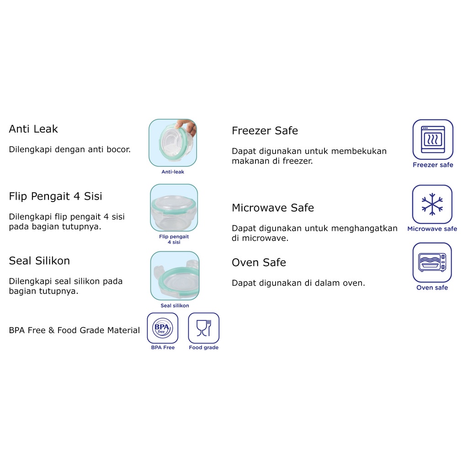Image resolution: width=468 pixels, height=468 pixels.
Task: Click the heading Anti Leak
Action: click(33, 129)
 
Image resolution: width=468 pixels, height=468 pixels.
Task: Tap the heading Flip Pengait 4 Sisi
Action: click(55, 196)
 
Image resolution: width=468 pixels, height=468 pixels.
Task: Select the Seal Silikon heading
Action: click(39, 261)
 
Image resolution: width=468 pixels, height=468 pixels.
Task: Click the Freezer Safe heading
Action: click(265, 131)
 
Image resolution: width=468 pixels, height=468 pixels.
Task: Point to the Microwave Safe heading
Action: click(273, 208)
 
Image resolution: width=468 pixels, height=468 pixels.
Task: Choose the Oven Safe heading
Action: click(259, 263)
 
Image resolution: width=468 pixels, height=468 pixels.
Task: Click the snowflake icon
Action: click(432, 204)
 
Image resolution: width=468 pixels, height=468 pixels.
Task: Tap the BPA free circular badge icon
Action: click(163, 328)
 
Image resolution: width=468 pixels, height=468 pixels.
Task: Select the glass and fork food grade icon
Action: click(203, 328)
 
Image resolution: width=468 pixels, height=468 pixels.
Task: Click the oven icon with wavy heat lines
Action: click(432, 139)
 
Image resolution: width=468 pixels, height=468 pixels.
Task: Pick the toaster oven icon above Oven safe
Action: click(432, 262)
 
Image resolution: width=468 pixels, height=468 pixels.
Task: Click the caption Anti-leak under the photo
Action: click(173, 172)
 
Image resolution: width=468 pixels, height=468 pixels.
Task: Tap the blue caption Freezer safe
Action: click(433, 165)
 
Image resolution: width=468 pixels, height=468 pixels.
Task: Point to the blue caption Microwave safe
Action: click(432, 229)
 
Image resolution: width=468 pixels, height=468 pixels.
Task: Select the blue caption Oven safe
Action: click(432, 287)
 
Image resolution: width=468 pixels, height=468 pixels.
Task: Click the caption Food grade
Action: click(203, 348)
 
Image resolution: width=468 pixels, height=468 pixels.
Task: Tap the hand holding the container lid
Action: click(188, 128)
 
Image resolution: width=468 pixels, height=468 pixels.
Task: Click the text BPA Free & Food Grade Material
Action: click(74, 330)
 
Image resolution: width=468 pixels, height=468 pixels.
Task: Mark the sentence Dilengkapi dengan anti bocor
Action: click(70, 149)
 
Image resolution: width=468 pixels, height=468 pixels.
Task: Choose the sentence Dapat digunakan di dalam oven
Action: click(298, 283)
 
